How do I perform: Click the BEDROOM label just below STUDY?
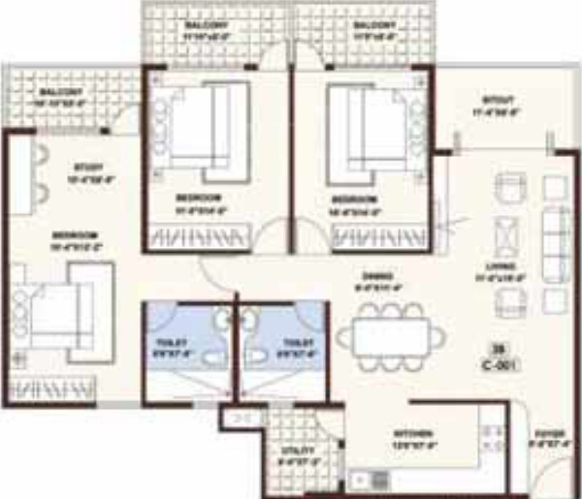pos(75,236)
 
